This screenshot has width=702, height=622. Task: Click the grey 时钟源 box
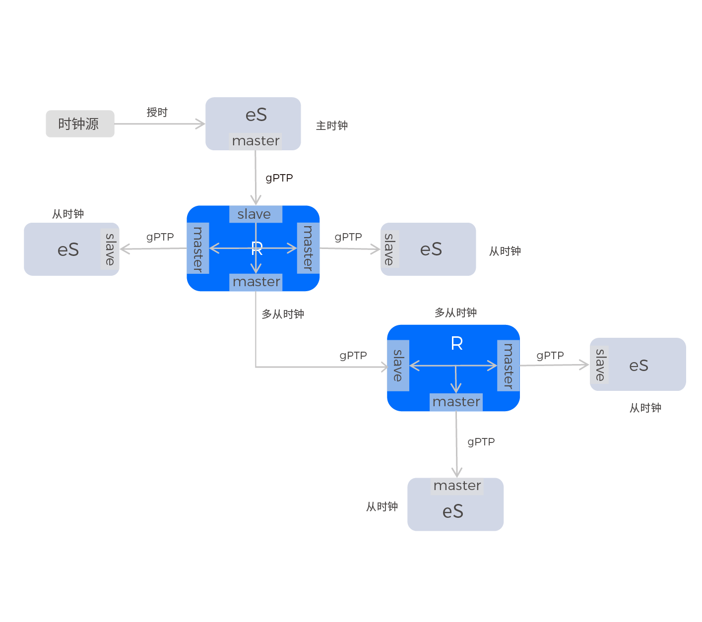point(80,124)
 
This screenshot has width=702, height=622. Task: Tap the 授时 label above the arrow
point(157,113)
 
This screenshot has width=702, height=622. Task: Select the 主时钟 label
point(332,125)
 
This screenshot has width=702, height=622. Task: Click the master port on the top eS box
point(255,141)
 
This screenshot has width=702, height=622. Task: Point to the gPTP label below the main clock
point(279,178)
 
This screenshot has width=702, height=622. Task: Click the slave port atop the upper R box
point(255,214)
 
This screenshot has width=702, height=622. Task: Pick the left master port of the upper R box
point(198,248)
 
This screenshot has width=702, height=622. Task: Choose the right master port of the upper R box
point(308,248)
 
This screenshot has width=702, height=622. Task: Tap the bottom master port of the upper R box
point(256,282)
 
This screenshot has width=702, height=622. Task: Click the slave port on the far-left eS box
point(110,249)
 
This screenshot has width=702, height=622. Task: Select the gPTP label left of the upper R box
point(160,237)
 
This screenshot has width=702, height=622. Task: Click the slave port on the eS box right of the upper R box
point(390,249)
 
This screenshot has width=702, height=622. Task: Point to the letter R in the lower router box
point(457,343)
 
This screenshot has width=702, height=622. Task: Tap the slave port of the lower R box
point(398,366)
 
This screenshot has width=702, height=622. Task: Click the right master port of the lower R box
point(509,366)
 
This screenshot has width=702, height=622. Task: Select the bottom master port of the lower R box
point(456,402)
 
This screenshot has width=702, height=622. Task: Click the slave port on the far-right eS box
point(599,365)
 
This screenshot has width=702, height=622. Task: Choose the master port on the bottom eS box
point(457,486)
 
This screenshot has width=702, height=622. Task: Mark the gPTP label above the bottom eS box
point(481,442)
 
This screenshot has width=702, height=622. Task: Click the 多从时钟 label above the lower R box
point(455,312)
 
